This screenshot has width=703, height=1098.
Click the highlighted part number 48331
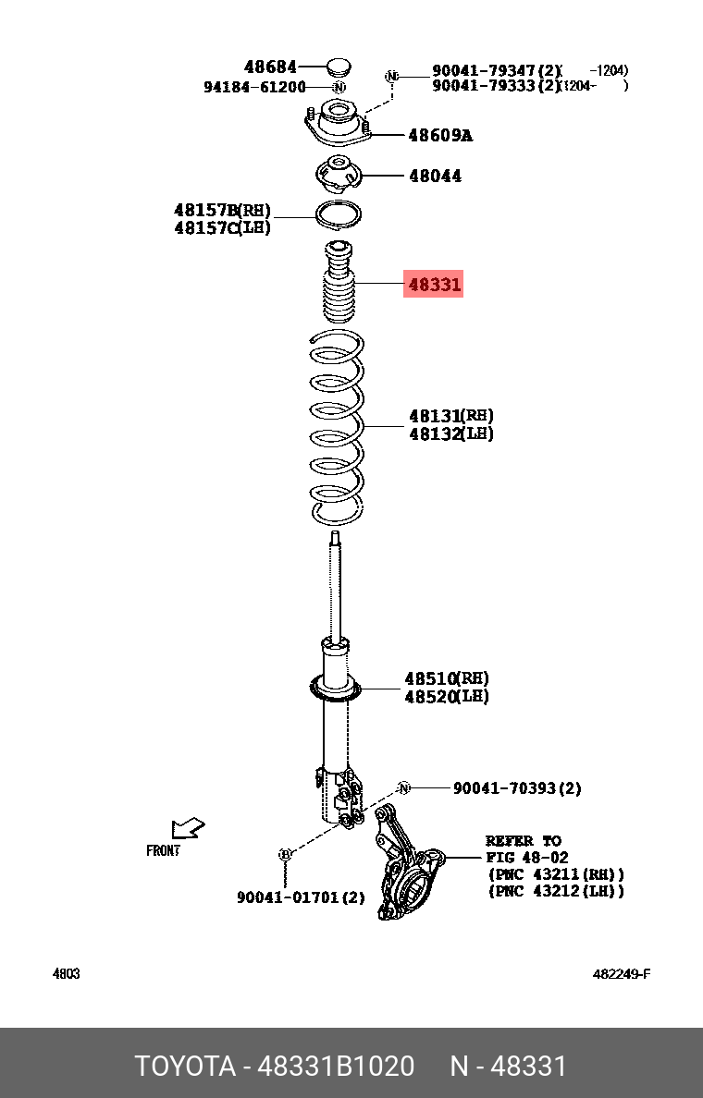point(434,285)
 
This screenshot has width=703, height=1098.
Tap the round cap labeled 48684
point(339,67)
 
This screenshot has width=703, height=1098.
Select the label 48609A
point(439,136)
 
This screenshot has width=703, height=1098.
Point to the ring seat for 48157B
point(339,214)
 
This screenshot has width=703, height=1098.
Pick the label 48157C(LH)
point(222,227)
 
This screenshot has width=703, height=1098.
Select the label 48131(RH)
point(451,416)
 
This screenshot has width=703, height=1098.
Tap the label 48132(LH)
point(451,433)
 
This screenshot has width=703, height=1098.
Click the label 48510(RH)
point(447,678)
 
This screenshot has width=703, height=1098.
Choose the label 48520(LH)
point(447,696)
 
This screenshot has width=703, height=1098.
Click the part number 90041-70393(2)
point(517,788)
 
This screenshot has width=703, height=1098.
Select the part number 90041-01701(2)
point(301,897)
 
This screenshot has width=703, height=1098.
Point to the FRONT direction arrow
point(187,828)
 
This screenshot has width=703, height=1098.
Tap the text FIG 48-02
point(527,858)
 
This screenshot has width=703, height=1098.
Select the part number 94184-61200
point(254,87)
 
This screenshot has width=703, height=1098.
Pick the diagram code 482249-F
point(622,974)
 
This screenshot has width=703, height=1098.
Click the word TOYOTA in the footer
point(185,1067)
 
